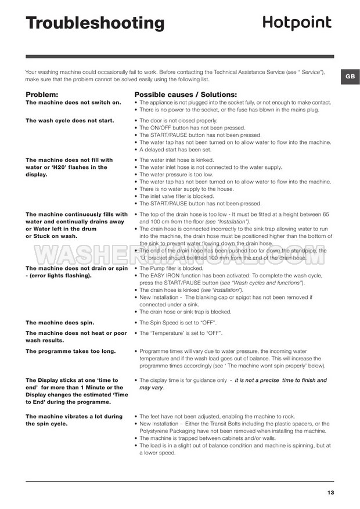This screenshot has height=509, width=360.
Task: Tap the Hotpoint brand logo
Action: point(297,22)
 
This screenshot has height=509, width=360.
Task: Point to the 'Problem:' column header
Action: point(42,94)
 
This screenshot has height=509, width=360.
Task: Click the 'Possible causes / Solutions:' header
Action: point(186,94)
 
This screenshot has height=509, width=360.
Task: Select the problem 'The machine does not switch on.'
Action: point(74,102)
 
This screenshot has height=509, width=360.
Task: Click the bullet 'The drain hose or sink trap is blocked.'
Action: point(185,312)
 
